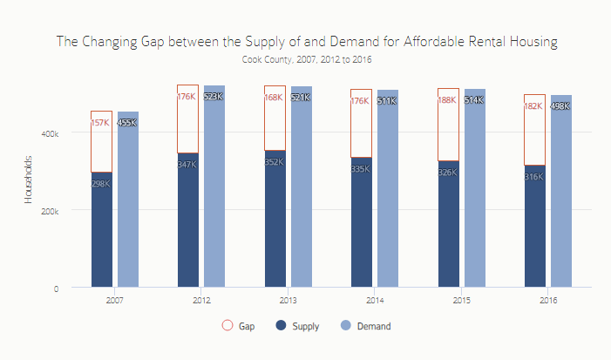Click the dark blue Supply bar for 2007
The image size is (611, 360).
[101, 231]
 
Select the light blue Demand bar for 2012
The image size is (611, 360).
[214, 192]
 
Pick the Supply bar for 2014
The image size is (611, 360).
[361, 227]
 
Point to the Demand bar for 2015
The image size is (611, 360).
[474, 192]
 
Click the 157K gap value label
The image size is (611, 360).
[101, 123]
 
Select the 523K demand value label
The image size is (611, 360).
[214, 97]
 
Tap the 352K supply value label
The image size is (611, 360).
[275, 162]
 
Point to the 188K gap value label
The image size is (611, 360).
[448, 100]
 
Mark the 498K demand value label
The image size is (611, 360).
[560, 106]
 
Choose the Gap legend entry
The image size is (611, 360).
[239, 326]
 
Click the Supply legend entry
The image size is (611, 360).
[297, 326]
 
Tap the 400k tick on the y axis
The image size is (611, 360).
[51, 133]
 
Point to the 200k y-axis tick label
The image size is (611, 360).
[51, 210]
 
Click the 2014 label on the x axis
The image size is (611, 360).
[374, 300]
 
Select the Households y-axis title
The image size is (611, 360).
[28, 181]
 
